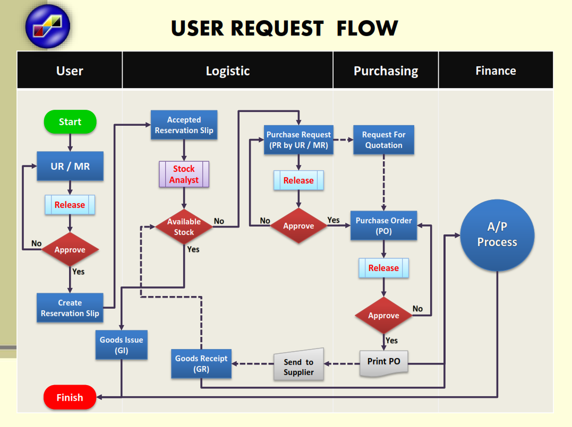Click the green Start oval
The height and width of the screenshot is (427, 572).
click(70, 121)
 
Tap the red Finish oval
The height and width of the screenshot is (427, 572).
click(70, 397)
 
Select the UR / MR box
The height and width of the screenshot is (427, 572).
click(70, 166)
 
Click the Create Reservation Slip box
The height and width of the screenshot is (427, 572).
click(70, 308)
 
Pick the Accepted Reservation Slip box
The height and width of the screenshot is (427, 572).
click(184, 125)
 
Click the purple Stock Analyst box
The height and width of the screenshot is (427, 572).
click(184, 174)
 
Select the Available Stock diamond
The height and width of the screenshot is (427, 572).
click(184, 226)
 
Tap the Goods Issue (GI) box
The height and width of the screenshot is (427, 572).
click(121, 345)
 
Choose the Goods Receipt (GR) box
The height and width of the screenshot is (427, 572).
click(201, 363)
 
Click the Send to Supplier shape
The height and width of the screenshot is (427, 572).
click(298, 366)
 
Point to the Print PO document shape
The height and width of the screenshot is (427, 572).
click(383, 362)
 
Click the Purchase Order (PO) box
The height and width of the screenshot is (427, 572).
click(383, 225)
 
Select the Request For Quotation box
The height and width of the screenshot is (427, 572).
click(383, 140)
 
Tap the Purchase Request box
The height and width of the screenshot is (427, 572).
click(298, 140)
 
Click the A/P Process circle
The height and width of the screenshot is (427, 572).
click(497, 234)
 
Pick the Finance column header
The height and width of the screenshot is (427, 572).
click(496, 71)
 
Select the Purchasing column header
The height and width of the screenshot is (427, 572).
click(386, 71)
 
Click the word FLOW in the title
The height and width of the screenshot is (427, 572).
click(367, 28)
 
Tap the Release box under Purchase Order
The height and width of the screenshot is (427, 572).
click(383, 268)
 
